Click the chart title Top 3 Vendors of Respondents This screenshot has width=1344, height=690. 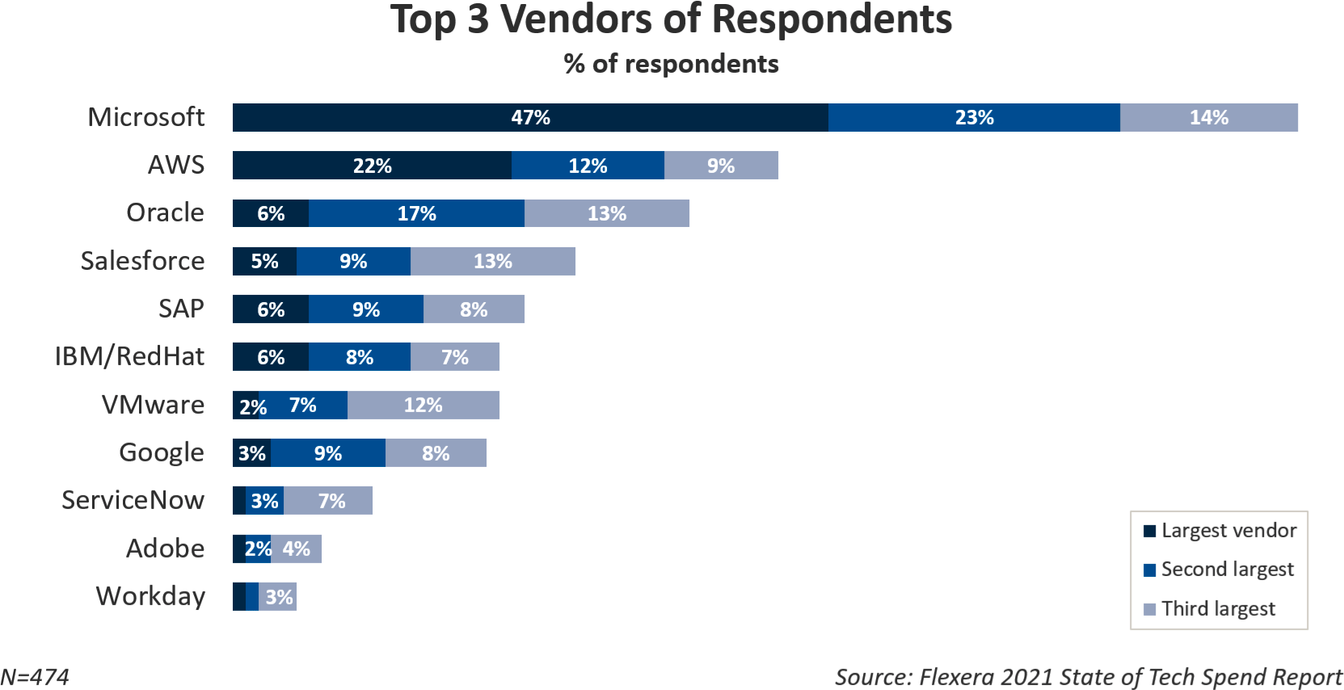tap(671, 20)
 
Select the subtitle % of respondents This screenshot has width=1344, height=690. tap(671, 64)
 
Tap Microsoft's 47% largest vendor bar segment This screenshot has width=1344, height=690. tap(530, 118)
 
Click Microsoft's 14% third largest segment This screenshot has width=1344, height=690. tap(1208, 118)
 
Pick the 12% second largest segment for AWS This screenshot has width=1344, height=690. tap(588, 166)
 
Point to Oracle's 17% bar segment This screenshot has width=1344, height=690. tap(416, 213)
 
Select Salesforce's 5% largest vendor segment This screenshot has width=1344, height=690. tap(264, 262)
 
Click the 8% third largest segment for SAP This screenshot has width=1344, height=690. tap(474, 309)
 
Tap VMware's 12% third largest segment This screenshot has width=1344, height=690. tap(423, 405)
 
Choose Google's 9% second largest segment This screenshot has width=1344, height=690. tap(327, 453)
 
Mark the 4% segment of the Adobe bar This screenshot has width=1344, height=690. tap(296, 549)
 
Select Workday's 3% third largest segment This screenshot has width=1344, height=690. tap(278, 597)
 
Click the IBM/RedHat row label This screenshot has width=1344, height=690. tap(129, 356)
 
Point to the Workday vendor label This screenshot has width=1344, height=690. tap(150, 596)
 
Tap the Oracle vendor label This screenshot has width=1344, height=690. tap(165, 212)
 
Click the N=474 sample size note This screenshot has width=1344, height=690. tap(35, 677)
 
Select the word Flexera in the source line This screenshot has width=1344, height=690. tap(956, 677)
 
